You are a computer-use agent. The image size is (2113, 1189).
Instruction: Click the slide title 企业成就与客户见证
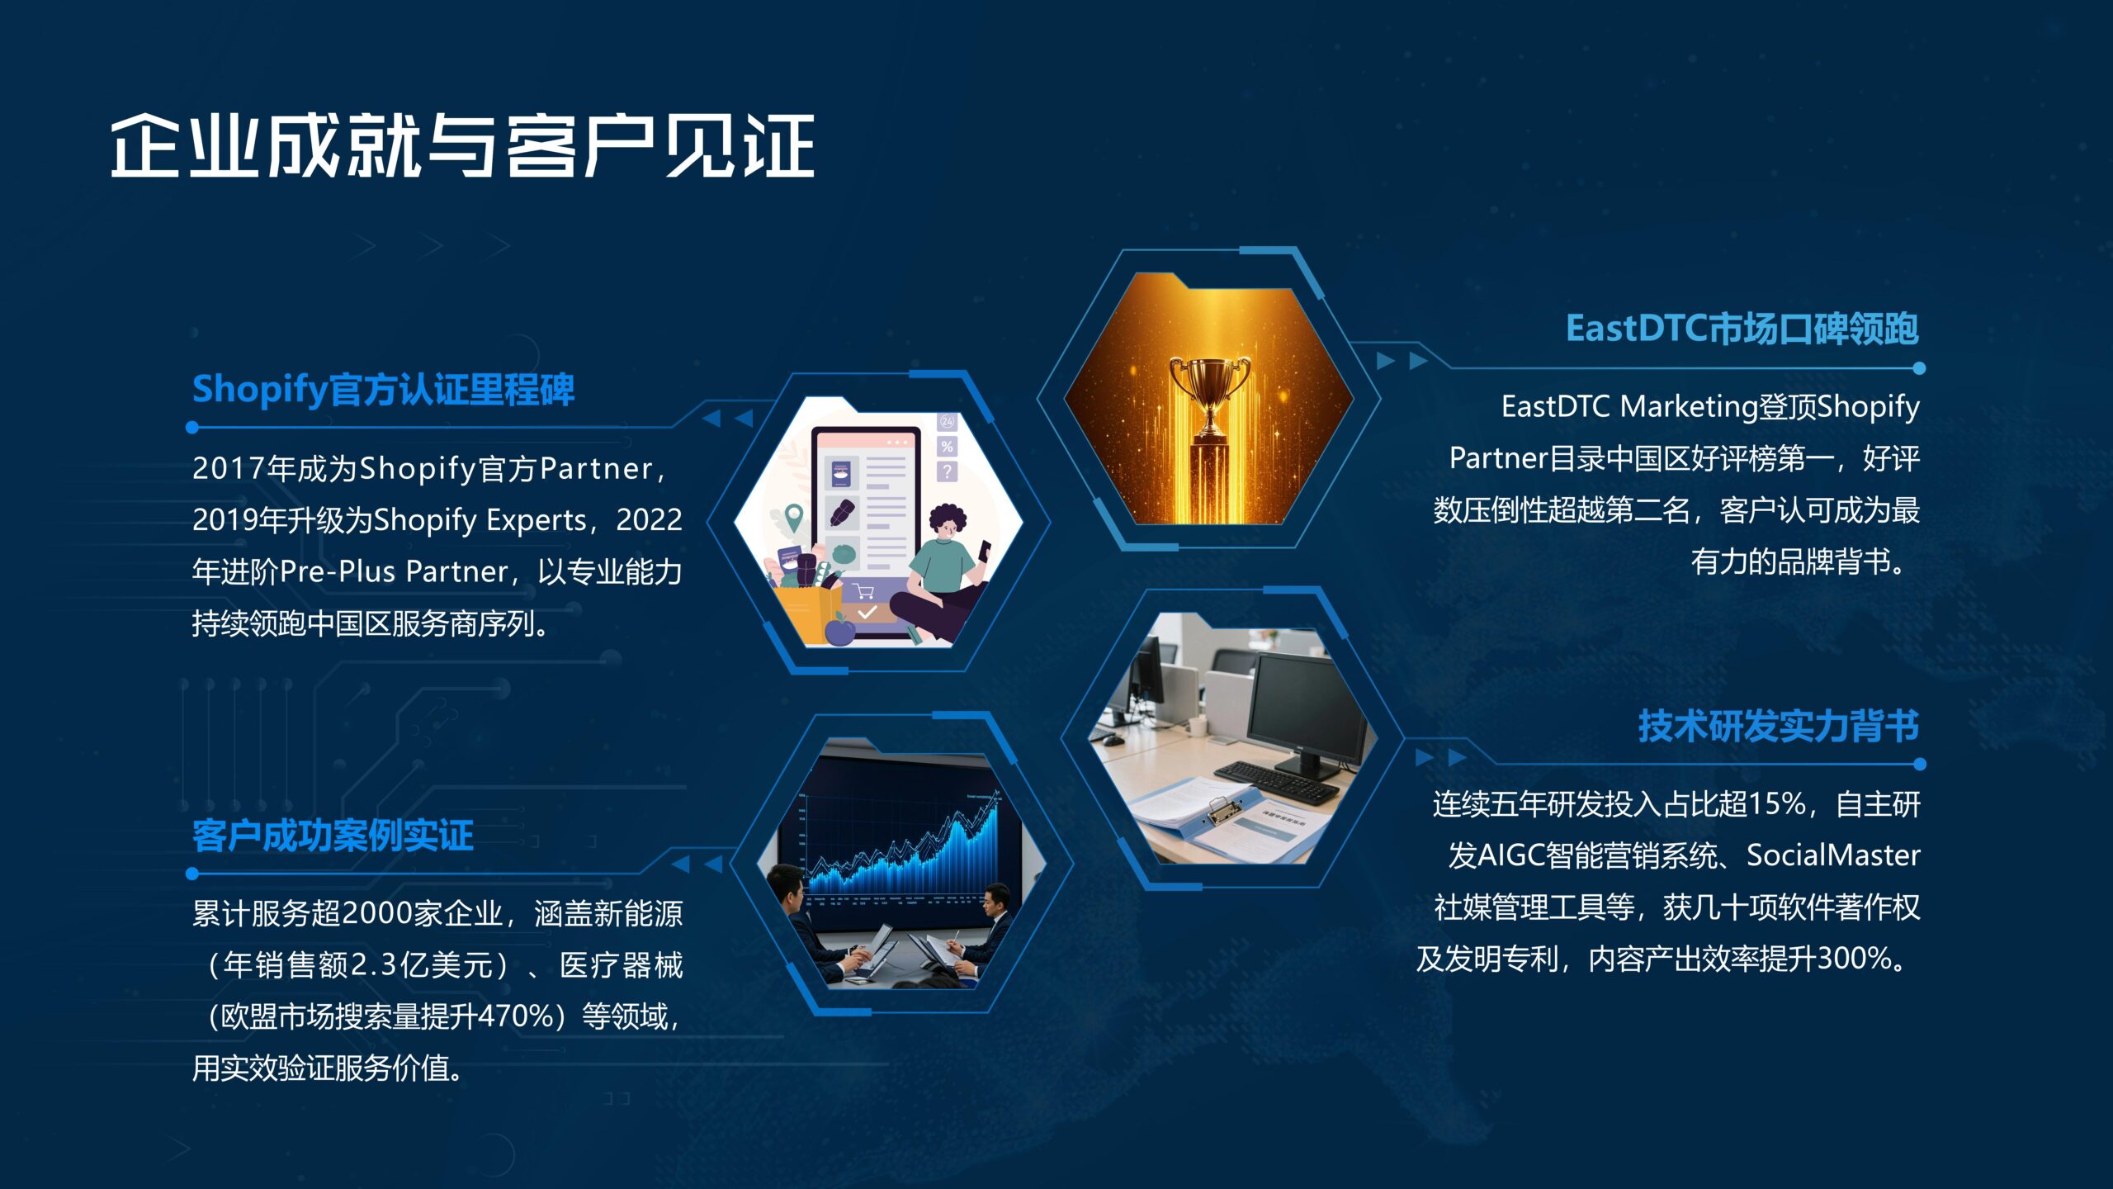[463, 145]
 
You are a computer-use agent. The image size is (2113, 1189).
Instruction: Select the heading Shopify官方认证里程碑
[383, 389]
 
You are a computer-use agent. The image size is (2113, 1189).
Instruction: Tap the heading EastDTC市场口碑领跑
[1742, 328]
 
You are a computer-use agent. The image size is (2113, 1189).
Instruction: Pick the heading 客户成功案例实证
[333, 835]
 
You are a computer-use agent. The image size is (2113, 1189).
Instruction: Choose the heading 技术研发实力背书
[1779, 726]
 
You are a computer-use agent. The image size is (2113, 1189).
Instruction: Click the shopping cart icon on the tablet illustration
[863, 590]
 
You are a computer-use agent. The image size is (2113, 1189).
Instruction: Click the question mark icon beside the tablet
[947, 471]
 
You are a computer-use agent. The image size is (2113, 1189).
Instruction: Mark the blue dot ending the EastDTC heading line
[1919, 368]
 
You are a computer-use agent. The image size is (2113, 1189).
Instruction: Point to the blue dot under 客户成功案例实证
[192, 873]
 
